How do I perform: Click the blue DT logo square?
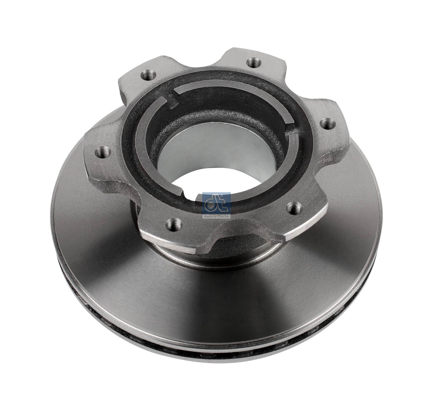216,203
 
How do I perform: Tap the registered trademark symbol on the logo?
222,195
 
